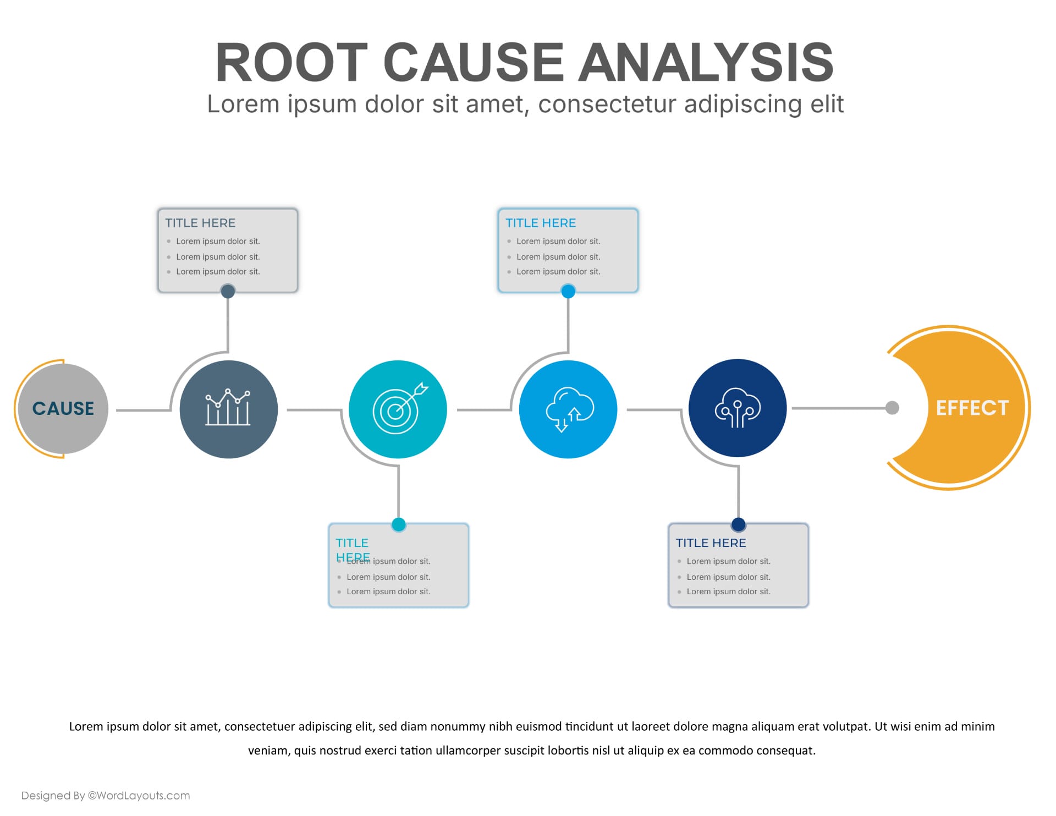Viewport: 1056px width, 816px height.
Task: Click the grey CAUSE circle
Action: tap(63, 408)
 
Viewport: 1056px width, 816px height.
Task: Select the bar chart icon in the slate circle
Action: tap(228, 408)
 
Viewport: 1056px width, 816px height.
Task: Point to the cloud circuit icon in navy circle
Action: tap(738, 408)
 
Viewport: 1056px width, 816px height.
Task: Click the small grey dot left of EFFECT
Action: tap(892, 408)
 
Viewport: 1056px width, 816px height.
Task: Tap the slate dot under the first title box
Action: tap(228, 291)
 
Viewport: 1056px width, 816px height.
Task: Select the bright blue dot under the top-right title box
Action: tap(568, 291)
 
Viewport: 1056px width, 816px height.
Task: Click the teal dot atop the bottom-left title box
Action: tap(399, 524)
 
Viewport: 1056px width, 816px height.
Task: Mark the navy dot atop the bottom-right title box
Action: tap(739, 524)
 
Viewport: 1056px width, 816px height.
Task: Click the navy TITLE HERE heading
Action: tap(711, 543)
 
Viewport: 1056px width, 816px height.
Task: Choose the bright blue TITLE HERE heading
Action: tap(541, 223)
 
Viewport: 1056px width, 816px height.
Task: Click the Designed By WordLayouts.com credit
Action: tap(106, 795)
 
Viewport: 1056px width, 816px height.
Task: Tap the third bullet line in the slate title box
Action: tap(218, 272)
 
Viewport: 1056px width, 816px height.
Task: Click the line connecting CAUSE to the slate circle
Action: tap(143, 410)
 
